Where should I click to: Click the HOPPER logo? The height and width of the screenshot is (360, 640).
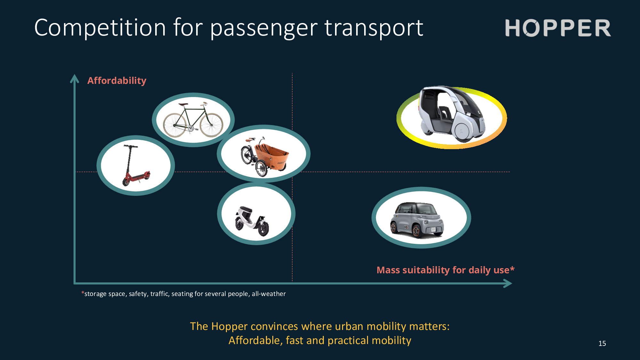(x=558, y=28)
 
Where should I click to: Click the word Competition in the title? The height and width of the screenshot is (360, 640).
(x=100, y=28)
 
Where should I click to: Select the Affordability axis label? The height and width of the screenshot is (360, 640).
(x=117, y=81)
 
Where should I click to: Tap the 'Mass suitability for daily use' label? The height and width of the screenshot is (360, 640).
(x=445, y=270)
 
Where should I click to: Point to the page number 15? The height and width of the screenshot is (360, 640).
(x=602, y=343)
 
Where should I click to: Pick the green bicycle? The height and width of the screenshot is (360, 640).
(x=193, y=120)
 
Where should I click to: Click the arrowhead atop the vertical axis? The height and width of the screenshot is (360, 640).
(x=75, y=78)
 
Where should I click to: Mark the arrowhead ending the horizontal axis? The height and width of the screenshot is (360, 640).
(x=508, y=283)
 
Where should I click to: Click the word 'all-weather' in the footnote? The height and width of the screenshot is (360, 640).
(x=268, y=294)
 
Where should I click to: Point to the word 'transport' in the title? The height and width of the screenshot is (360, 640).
(x=374, y=28)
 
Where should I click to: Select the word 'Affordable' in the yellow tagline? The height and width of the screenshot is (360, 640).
(x=255, y=340)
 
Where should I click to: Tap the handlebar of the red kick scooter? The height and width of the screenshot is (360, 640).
(x=131, y=147)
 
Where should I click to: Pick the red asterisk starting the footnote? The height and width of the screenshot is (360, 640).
(x=83, y=293)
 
